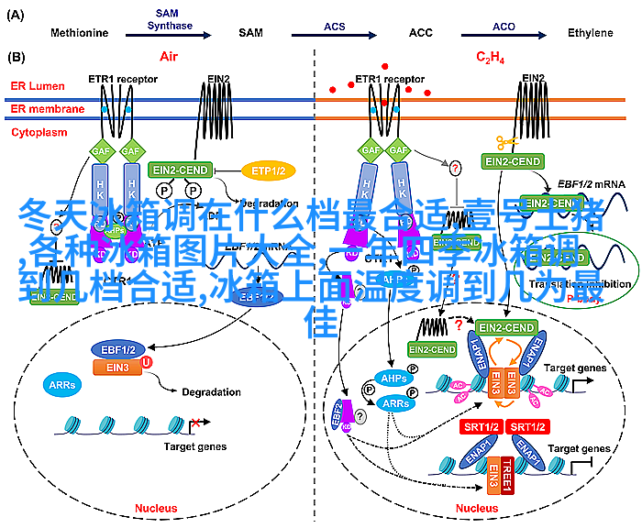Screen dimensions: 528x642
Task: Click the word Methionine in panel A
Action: click(x=79, y=33)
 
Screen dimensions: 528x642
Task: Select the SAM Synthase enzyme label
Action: click(x=167, y=20)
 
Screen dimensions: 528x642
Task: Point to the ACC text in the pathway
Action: click(x=421, y=33)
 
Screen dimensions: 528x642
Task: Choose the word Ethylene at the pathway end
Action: click(x=590, y=33)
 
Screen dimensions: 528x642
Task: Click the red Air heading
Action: click(x=168, y=57)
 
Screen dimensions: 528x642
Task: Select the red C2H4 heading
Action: click(x=489, y=58)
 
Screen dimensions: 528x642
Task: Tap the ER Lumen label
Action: click(x=36, y=86)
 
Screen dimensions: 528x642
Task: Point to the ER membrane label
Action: click(x=47, y=109)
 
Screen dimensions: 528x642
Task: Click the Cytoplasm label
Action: click(x=39, y=133)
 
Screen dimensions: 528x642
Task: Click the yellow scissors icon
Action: click(x=505, y=142)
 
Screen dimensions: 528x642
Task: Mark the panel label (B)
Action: click(x=17, y=57)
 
